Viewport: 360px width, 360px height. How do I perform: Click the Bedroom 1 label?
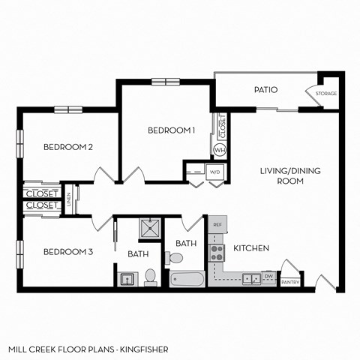click(171, 130)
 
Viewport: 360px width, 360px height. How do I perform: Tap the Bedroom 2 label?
click(67, 147)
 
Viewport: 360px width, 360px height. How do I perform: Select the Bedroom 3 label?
click(67, 251)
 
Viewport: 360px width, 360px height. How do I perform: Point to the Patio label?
click(265, 90)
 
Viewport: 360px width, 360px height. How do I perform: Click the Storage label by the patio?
click(325, 94)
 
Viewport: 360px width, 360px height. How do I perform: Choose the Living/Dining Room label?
click(290, 175)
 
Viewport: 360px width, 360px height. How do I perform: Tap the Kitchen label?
click(251, 248)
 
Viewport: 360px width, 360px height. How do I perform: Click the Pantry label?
click(290, 283)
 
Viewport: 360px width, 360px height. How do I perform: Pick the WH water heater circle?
click(220, 150)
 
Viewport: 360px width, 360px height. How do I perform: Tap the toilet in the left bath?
click(150, 276)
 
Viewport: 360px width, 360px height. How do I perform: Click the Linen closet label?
click(69, 199)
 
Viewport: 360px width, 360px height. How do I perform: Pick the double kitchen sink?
click(250, 278)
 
